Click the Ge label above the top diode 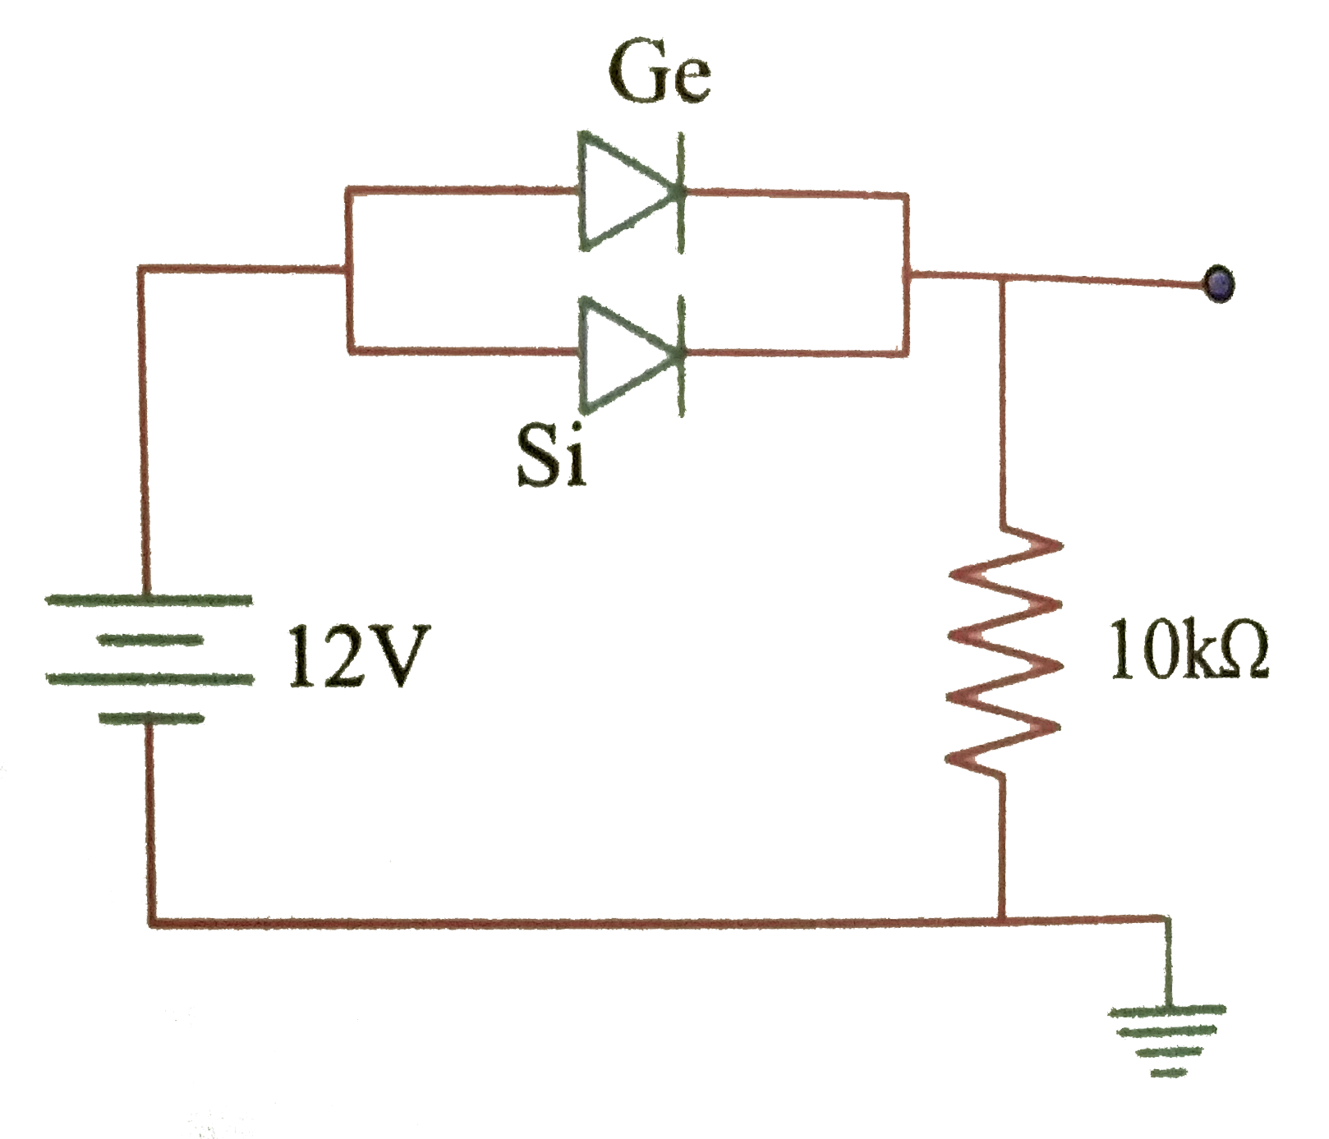pos(658,79)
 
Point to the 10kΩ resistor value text pos(1188,648)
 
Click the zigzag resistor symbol pos(1002,649)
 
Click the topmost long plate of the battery pos(148,599)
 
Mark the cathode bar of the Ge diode pos(680,192)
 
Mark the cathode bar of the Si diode pos(680,354)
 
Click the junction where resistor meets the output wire pos(1001,280)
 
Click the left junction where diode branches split pos(350,269)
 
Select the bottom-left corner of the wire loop pos(153,923)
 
